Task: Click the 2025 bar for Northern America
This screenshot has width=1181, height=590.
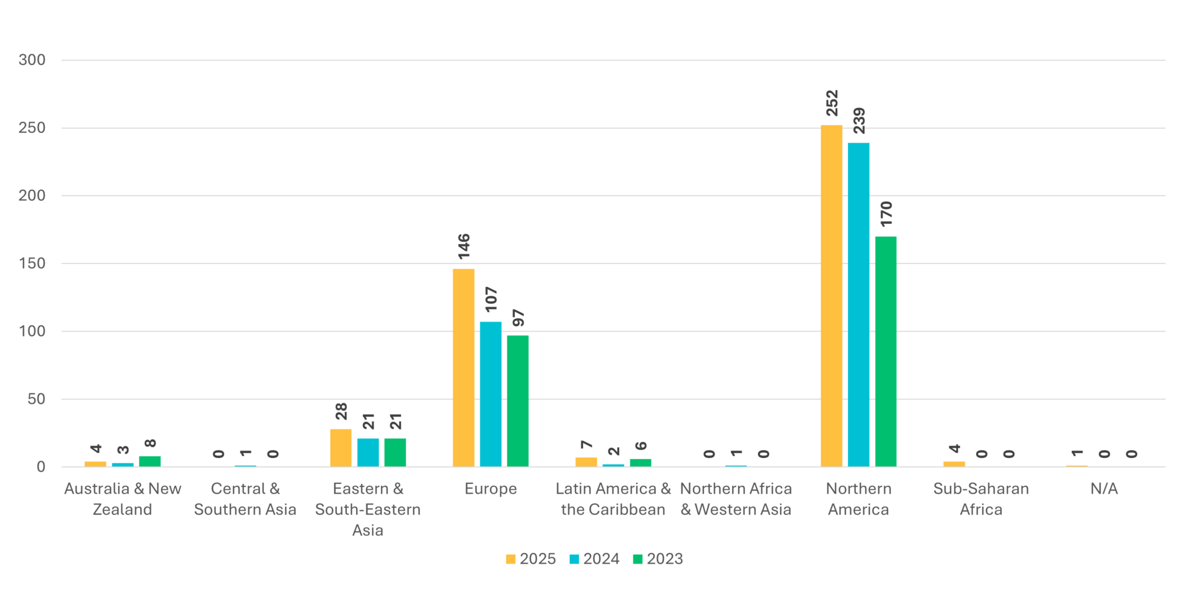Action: pyautogui.click(x=831, y=295)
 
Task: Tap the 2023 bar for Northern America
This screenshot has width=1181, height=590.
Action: pyautogui.click(x=886, y=351)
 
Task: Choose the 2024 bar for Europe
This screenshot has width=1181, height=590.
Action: pyautogui.click(x=491, y=394)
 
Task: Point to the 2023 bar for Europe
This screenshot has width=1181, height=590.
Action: pyautogui.click(x=518, y=401)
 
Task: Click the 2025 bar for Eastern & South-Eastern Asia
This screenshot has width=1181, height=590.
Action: pyautogui.click(x=341, y=447)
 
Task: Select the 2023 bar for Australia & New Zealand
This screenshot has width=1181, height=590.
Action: pyautogui.click(x=150, y=461)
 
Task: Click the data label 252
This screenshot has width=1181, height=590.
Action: pyautogui.click(x=832, y=103)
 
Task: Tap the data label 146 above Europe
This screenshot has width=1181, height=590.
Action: pyautogui.click(x=464, y=247)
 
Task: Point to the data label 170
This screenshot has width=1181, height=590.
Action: pyautogui.click(x=886, y=214)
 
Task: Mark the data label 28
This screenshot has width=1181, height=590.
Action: pyautogui.click(x=341, y=411)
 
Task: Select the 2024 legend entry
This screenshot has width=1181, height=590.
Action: pyautogui.click(x=594, y=559)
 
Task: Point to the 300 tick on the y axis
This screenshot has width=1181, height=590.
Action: pyautogui.click(x=32, y=60)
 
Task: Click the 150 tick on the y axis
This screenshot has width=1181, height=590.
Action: pyautogui.click(x=32, y=263)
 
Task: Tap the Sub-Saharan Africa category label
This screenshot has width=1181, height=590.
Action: pyautogui.click(x=981, y=498)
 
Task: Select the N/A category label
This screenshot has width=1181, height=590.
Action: pyautogui.click(x=1104, y=489)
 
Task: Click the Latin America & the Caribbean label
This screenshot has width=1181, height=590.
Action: pyautogui.click(x=613, y=498)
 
